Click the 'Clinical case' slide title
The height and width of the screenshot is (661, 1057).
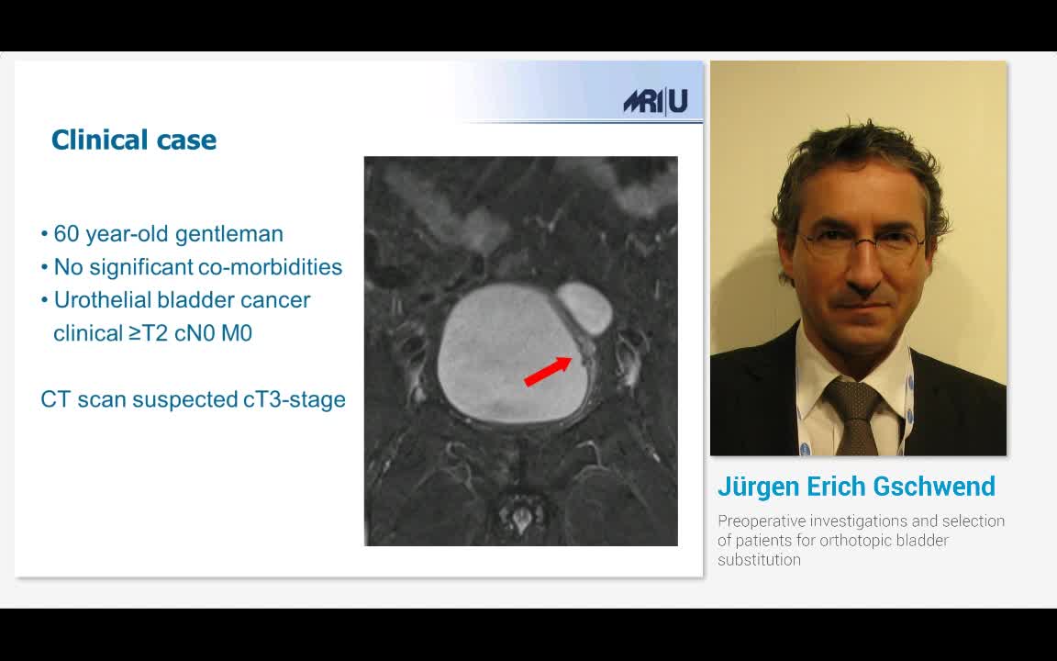point(134,140)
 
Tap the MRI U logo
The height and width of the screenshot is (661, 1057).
point(655,101)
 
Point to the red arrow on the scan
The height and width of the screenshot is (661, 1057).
point(548,371)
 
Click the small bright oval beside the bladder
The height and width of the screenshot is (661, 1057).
point(584,308)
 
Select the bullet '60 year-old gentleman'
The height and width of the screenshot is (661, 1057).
point(168,234)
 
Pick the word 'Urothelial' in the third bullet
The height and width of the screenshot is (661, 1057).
point(102,300)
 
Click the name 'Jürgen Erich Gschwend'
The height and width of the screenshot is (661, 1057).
point(856,486)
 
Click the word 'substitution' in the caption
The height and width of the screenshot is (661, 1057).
point(759,559)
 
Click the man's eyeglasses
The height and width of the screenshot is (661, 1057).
point(861,244)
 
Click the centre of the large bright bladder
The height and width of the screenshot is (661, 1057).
point(512,353)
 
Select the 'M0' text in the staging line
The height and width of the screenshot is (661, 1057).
point(237,333)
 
